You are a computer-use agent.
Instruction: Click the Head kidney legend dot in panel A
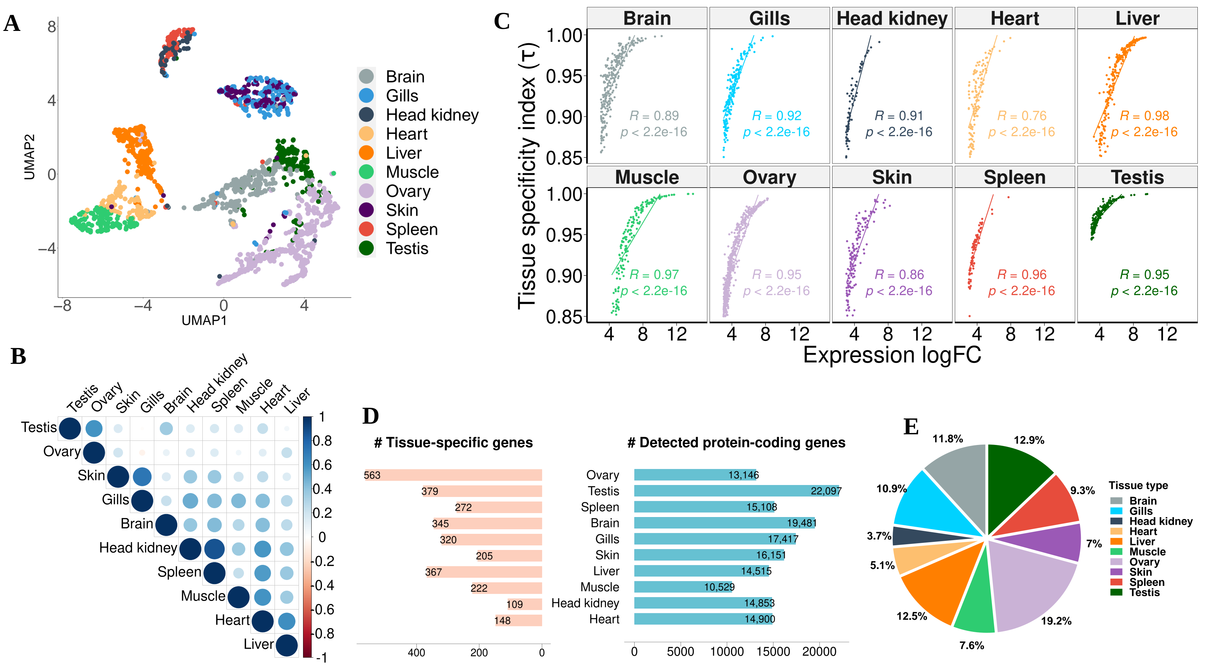coord(366,115)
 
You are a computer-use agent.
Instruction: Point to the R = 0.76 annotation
coord(1021,116)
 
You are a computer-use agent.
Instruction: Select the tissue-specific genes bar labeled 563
coord(453,475)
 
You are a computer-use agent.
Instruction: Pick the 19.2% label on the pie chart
coord(1056,621)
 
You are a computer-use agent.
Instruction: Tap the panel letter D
coord(370,416)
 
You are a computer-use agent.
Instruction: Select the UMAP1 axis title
coord(204,320)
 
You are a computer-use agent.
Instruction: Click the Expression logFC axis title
coord(892,355)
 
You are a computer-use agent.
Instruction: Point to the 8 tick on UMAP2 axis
coord(52,27)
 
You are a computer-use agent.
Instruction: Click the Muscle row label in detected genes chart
coord(599,587)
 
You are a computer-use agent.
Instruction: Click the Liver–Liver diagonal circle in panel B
coord(287,645)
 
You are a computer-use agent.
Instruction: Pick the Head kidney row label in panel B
coord(138,548)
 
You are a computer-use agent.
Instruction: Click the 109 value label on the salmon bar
coord(514,604)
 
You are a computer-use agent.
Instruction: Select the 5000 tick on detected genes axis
coord(680,652)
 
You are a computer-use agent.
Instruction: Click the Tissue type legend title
coord(1138,485)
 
